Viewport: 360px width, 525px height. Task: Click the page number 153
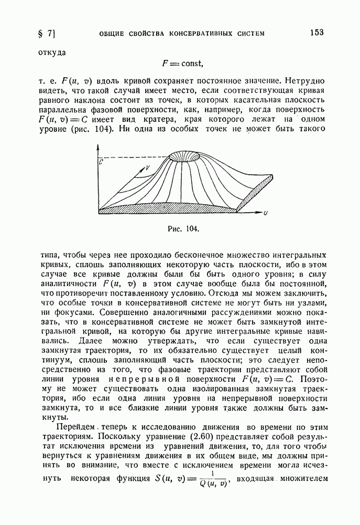[316, 33]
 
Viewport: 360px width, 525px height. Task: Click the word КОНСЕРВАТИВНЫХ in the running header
[201, 34]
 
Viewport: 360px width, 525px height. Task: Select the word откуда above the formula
[52, 52]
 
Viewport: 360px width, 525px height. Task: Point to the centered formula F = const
[182, 64]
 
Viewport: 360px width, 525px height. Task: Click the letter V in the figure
[148, 167]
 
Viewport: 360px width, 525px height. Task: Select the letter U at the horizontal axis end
[266, 213]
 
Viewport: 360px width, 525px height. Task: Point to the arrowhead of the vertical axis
[97, 146]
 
